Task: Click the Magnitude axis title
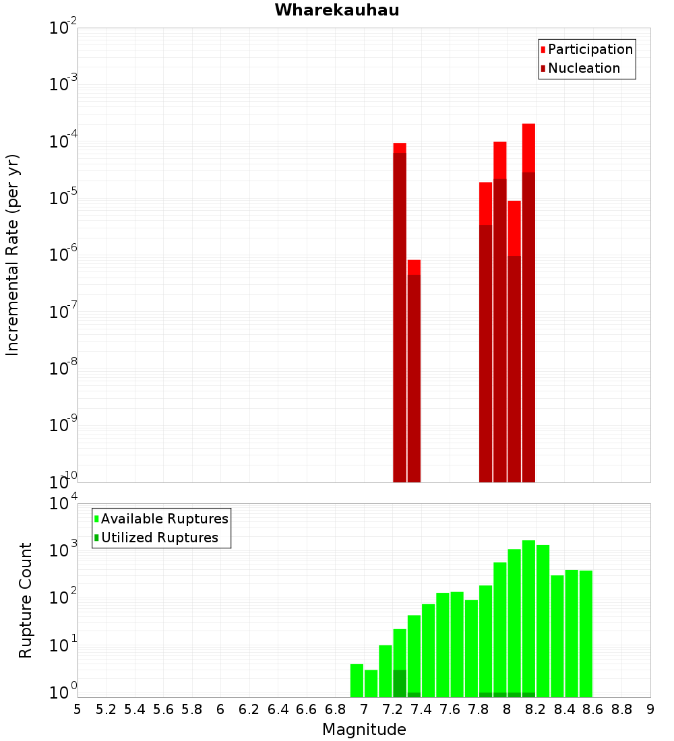click(364, 730)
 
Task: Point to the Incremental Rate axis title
click(13, 255)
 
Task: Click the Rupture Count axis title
click(26, 600)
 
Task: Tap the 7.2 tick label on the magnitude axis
click(392, 709)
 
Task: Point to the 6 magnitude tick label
click(220, 709)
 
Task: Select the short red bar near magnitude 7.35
click(414, 370)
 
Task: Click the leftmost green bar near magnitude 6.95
click(357, 680)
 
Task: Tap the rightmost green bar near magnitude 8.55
click(586, 634)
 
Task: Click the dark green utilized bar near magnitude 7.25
click(400, 684)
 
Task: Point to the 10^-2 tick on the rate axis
click(63, 28)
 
